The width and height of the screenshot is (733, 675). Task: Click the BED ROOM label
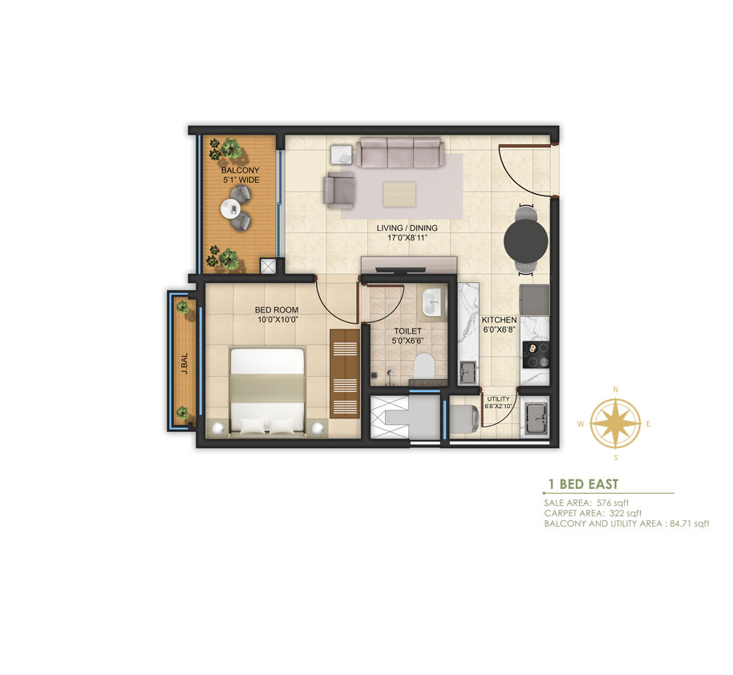point(276,309)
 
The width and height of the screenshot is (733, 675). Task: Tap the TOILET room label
point(407,331)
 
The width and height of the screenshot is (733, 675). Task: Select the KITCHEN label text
point(500,320)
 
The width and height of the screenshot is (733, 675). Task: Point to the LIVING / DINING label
point(407,228)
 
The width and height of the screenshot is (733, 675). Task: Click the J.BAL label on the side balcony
point(184,363)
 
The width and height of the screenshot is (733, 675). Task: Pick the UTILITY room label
point(498,399)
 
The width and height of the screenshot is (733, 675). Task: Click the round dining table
point(526,241)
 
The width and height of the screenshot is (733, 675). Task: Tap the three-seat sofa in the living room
point(400,152)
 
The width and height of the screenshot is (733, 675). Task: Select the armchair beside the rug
point(339,189)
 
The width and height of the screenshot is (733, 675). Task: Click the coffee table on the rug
point(399,195)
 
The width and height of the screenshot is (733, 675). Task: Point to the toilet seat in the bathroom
point(424,366)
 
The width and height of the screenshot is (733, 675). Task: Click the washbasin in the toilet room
point(431,303)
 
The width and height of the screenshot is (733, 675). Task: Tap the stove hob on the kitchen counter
point(536,355)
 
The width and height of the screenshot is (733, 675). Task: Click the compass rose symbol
point(615,423)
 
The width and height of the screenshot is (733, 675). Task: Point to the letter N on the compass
point(616,390)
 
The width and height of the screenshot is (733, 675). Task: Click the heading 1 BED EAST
point(583,484)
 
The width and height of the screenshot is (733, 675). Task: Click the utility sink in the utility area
point(536,418)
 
